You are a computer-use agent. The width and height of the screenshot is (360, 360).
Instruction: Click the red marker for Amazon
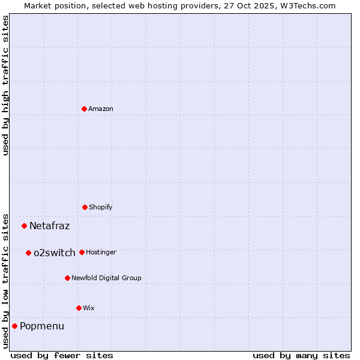84,109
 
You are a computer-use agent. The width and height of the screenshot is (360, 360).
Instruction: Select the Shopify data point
85,207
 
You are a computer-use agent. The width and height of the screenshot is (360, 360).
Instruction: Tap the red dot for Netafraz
24,226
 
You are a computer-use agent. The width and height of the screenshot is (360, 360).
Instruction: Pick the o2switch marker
28,253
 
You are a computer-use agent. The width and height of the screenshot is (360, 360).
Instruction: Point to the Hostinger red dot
82,252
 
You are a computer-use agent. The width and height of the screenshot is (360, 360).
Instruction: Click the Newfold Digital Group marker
67,278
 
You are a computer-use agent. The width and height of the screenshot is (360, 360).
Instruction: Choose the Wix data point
79,308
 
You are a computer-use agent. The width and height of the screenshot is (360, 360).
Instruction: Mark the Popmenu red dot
14,326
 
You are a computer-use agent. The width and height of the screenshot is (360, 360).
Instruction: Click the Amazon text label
101,109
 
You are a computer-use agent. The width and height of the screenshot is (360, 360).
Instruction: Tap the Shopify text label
101,207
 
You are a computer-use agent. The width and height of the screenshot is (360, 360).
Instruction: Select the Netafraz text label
50,226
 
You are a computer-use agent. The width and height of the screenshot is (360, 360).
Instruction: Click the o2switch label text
55,253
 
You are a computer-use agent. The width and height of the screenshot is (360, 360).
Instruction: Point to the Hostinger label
101,252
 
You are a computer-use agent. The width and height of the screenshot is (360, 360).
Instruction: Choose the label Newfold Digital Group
106,278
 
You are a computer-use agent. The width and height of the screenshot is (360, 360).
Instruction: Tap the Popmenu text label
42,326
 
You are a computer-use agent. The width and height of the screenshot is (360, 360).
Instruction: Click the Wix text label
89,308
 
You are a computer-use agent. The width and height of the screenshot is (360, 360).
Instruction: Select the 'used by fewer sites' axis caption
62,355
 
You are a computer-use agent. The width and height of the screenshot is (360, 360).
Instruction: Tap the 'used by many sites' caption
301,355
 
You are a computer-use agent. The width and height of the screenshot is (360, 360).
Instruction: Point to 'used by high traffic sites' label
5,85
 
